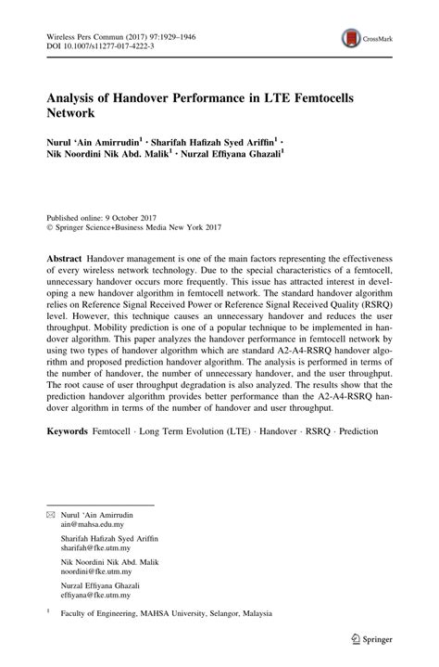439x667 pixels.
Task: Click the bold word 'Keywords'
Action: click(x=68, y=431)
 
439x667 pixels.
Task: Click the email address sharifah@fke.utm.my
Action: click(x=97, y=548)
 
